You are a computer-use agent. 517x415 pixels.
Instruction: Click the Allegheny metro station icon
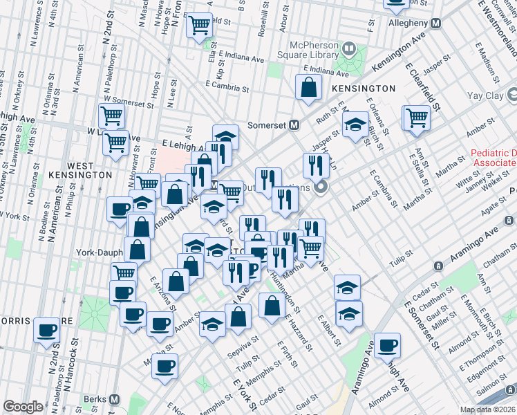pos(435,23)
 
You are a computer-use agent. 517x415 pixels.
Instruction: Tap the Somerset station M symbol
pos(294,124)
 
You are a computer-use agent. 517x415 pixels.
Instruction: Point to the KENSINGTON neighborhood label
pos(363,89)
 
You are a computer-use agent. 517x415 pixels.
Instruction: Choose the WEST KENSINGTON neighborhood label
pos(81,171)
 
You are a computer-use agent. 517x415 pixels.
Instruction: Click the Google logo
pos(23,407)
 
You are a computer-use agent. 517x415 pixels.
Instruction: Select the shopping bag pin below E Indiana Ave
pos(308,88)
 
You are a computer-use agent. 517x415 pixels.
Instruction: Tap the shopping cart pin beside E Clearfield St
pos(417,117)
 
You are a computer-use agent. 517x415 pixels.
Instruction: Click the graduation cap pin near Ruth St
pos(355,125)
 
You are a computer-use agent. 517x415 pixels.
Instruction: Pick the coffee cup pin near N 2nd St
pos(46,330)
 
